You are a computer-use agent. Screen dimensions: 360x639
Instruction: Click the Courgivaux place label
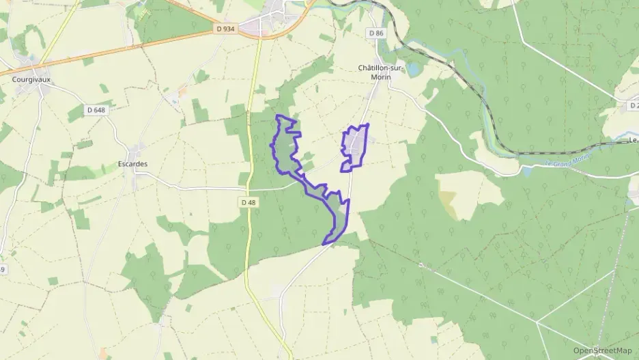click(31, 79)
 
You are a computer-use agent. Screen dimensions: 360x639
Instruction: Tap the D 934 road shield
click(225, 29)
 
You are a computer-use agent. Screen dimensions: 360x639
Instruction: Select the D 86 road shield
click(375, 33)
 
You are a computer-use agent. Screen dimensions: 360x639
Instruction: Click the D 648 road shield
click(96, 109)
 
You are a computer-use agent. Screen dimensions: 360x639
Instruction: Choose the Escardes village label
click(132, 164)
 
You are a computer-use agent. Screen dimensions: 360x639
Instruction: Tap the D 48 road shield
click(247, 202)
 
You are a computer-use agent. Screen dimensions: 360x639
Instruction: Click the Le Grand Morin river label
click(567, 163)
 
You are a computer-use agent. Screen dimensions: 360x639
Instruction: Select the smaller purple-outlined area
click(354, 146)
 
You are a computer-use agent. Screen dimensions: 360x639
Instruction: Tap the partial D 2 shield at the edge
click(633, 105)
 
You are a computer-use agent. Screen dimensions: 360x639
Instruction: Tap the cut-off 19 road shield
click(2, 270)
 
